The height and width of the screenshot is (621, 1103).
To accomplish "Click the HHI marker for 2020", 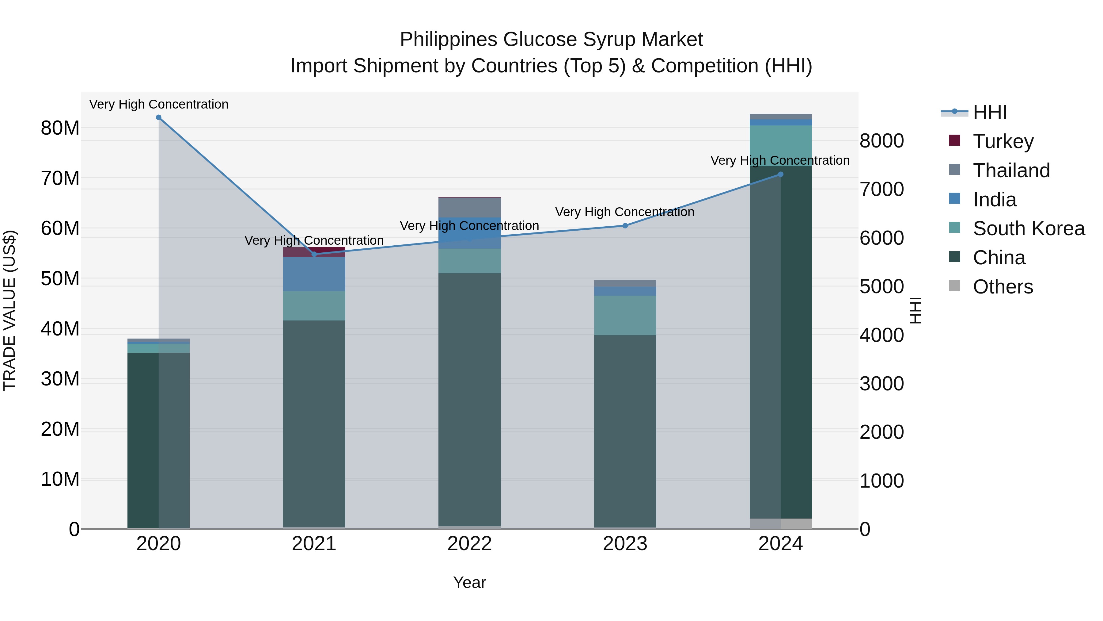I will point(158,117).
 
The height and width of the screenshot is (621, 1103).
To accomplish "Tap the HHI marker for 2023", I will point(625,225).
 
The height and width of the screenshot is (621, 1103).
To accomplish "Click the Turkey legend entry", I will point(1003,141).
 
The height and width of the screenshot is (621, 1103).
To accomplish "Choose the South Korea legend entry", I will point(1029,228).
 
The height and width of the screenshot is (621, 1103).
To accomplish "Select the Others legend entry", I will point(1003,287).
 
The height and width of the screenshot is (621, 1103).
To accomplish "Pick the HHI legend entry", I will point(990,112).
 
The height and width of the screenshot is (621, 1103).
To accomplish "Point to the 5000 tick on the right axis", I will point(881,286).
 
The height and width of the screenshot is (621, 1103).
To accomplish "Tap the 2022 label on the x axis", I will point(469,544).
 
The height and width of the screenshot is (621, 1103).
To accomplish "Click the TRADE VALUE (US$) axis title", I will point(9,310).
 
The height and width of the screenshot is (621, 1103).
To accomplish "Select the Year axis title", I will point(469,582).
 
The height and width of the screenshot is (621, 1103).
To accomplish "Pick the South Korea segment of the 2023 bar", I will point(625,316).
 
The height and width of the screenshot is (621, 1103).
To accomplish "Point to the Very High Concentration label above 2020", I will point(158,104).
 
